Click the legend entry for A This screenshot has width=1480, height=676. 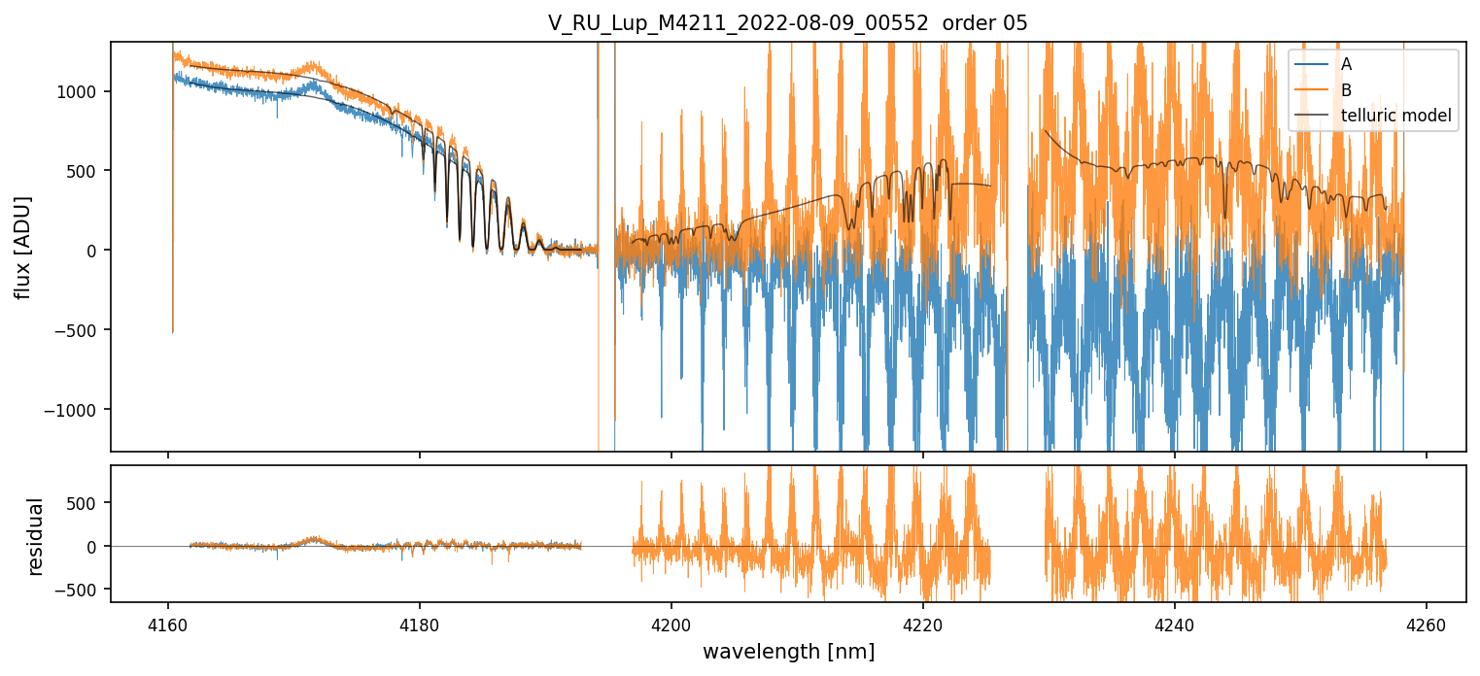tap(1346, 64)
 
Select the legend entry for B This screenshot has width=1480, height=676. tap(1346, 90)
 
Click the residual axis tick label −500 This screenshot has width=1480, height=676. tap(82, 590)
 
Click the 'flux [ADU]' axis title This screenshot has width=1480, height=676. tap(21, 247)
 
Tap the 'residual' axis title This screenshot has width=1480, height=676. tap(36, 536)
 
